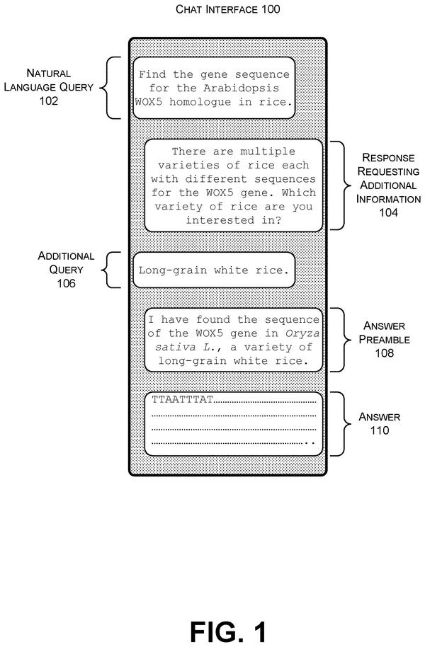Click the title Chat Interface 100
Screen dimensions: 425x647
(227, 9)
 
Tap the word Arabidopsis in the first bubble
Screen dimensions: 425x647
(242, 88)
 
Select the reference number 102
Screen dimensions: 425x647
(48, 101)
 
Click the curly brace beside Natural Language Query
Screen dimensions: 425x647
(110, 88)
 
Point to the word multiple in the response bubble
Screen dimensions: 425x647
(268, 151)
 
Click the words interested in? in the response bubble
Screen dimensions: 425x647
(233, 220)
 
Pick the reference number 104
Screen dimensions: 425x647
(388, 212)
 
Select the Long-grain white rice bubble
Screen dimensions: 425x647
(214, 270)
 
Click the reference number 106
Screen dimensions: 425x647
(66, 283)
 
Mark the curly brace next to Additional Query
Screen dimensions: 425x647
(111, 270)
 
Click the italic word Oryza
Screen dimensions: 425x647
(302, 333)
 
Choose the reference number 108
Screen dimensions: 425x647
(384, 353)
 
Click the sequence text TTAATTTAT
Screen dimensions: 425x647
(182, 399)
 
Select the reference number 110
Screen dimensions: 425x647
(379, 430)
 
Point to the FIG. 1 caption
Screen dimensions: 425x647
(228, 631)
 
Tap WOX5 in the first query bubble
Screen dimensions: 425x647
(149, 102)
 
